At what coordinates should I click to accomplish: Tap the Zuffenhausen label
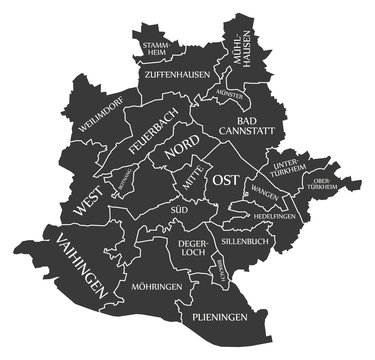click(x=176, y=74)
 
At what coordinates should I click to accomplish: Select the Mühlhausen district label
click(x=238, y=47)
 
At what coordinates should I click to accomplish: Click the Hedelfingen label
click(x=277, y=216)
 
